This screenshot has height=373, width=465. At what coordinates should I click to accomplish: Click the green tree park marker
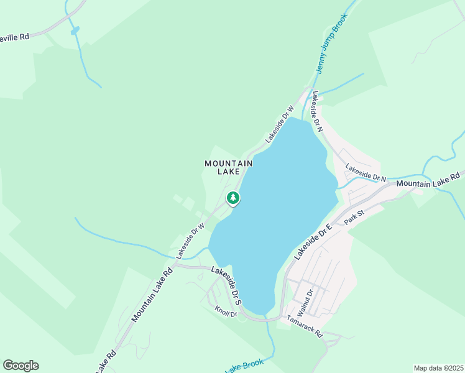click(233, 198)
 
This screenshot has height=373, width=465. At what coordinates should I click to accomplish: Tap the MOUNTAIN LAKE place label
click(229, 167)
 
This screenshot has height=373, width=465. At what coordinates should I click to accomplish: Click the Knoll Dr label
click(226, 311)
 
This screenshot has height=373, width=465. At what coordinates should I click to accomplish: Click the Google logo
click(21, 366)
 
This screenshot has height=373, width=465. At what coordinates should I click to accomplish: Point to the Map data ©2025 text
click(438, 368)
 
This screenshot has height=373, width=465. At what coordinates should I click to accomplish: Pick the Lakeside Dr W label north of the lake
click(280, 124)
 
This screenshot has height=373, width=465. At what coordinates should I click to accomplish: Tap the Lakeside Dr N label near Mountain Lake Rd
click(366, 173)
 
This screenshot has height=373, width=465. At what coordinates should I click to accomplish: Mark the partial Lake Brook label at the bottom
click(244, 366)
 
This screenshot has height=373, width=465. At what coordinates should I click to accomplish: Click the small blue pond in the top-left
click(75, 30)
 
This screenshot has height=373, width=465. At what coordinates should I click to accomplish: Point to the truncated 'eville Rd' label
click(15, 37)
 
